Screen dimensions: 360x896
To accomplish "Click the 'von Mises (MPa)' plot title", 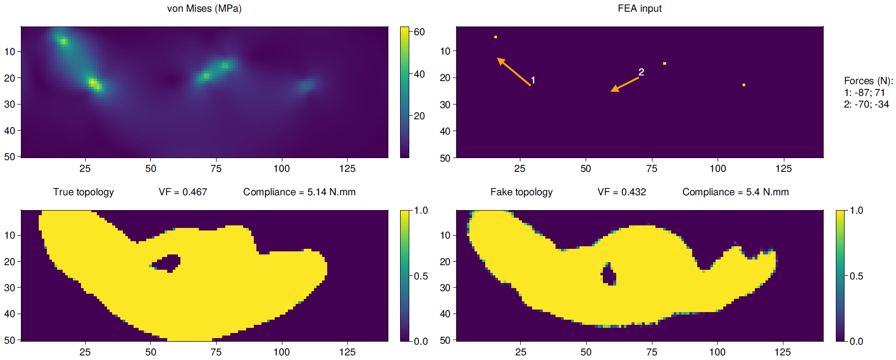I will click(x=204, y=9).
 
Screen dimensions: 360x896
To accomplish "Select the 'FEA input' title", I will click(x=639, y=9).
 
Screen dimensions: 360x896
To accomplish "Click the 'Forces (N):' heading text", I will click(x=868, y=81).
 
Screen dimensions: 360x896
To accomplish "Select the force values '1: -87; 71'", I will click(x=864, y=92).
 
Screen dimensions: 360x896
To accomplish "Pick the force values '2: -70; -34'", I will click(x=866, y=104).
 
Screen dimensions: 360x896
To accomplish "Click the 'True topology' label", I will click(x=83, y=192).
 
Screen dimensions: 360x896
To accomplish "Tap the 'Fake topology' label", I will click(x=521, y=192).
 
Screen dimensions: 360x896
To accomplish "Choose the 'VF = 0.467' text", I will click(x=182, y=192).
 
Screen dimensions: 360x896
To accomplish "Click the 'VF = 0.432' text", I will click(x=621, y=192).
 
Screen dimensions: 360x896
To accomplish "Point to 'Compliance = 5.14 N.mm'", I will click(x=299, y=192).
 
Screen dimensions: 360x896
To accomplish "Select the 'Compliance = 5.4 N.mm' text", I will click(x=735, y=192).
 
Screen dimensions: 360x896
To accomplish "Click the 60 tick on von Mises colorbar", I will click(x=419, y=32).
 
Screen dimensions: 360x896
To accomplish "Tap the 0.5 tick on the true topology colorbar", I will click(x=420, y=276).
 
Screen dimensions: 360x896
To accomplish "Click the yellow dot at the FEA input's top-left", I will click(x=495, y=37).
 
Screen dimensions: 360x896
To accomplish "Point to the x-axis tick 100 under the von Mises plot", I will click(x=281, y=169).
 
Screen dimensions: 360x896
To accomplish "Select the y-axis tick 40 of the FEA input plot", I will click(x=445, y=131).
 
